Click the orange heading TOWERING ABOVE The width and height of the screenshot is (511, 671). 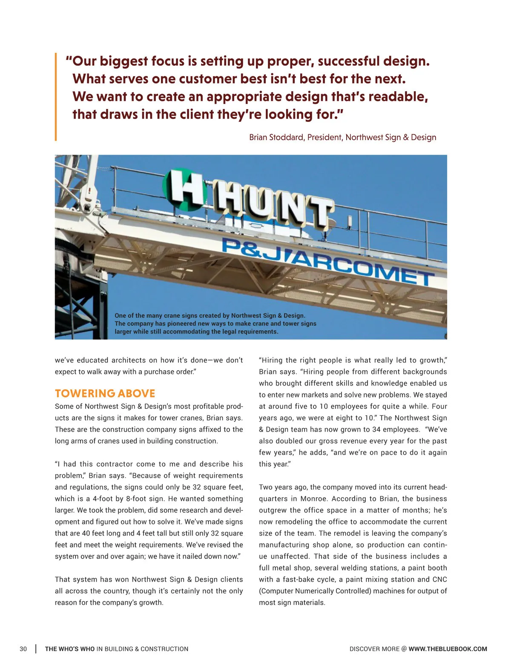click(x=105, y=393)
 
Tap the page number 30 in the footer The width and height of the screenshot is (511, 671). click(x=23, y=649)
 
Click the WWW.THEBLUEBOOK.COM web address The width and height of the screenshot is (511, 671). click(x=448, y=649)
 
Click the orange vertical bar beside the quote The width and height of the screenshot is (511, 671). click(x=56, y=97)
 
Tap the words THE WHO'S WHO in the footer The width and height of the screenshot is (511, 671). click(x=70, y=649)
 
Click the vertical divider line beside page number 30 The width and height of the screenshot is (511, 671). click(x=36, y=649)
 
